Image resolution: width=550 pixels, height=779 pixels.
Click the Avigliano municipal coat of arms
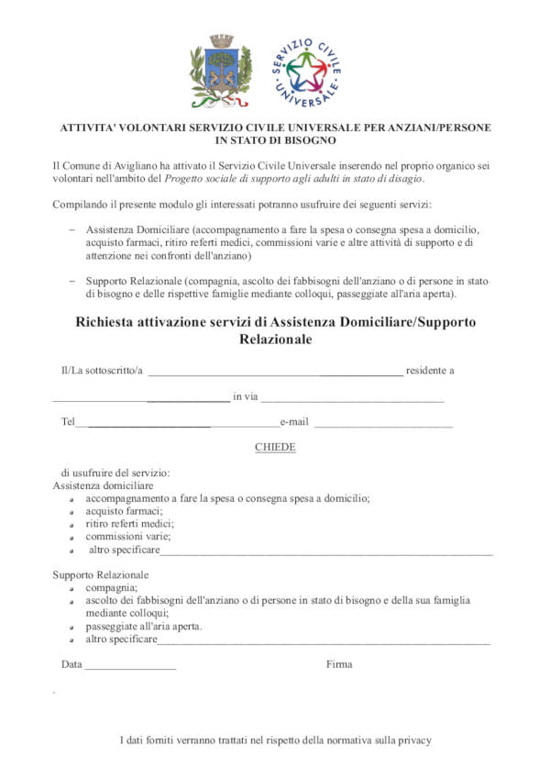coord(221,72)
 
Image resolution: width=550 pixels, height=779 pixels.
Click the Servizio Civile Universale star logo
coord(306,72)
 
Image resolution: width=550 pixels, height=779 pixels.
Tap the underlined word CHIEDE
coord(275,447)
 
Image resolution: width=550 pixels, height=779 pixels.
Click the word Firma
coord(338,664)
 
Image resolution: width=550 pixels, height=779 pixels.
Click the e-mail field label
coord(294,422)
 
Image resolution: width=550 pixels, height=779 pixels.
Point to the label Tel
coord(67,422)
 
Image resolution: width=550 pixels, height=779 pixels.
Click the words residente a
coord(430,371)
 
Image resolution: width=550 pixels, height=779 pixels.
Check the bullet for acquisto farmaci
coord(72,512)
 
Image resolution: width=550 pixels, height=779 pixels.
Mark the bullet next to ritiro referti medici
coord(72,525)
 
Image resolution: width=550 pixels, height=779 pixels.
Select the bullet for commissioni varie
coord(72,538)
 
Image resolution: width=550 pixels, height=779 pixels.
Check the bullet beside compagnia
coord(72,588)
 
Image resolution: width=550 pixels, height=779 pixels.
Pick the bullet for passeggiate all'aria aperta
coord(72,627)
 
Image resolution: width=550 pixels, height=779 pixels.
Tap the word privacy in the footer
coord(412,740)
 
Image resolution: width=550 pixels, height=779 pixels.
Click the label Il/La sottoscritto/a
coord(102,371)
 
